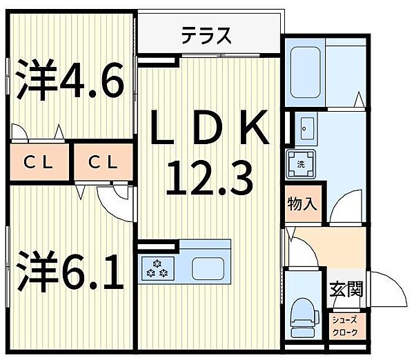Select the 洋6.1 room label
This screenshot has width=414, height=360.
(x=69, y=272)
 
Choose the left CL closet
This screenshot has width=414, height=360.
(x=39, y=163)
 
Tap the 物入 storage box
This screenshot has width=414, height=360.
(x=302, y=204)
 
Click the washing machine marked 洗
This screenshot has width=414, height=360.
(x=302, y=164)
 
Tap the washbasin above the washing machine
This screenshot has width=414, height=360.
(x=306, y=128)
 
